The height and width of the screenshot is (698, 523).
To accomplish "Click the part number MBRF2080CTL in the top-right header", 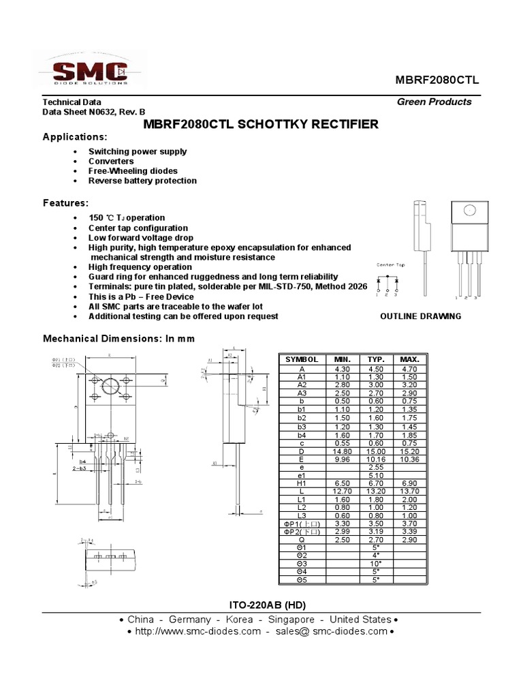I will (437, 80).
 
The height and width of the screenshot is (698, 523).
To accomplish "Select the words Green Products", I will (434, 102).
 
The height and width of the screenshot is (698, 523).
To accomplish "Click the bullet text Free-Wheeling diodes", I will (133, 171).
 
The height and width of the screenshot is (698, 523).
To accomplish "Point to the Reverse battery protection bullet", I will (142, 181).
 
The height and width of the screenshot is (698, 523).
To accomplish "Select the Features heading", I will (65, 203).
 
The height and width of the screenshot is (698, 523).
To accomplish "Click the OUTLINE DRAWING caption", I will (420, 316).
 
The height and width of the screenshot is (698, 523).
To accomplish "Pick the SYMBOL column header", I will (302, 359).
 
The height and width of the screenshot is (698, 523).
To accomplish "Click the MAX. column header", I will (410, 359).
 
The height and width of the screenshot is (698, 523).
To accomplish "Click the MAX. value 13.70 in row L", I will (410, 491).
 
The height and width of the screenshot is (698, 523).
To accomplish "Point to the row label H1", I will (302, 483).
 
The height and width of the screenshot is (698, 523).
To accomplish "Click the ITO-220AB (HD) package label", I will (261, 605).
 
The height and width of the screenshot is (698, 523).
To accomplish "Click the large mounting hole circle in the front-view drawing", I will (111, 386).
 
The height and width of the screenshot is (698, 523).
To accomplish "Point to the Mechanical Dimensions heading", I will (119, 339).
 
